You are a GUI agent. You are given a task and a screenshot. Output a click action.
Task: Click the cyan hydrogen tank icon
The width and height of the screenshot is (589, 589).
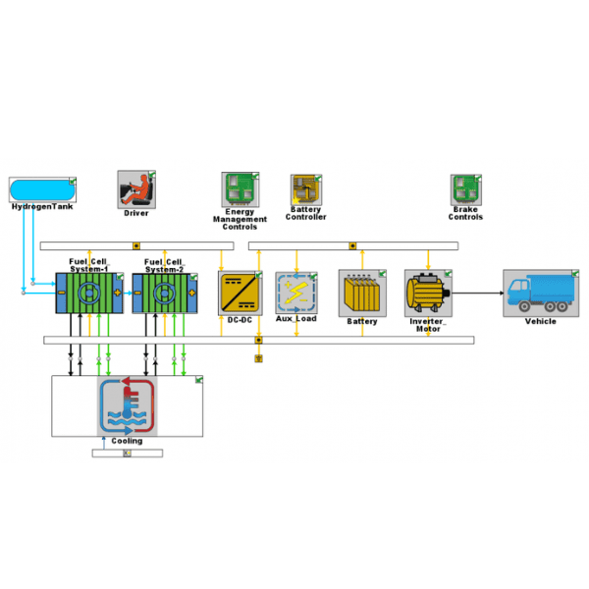click(x=42, y=189)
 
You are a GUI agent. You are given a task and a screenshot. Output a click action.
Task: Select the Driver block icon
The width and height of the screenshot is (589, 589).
click(x=136, y=189)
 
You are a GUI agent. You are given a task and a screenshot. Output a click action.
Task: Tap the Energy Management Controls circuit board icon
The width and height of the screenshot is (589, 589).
click(x=241, y=189)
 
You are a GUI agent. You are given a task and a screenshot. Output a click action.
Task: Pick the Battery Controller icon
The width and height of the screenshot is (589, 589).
click(x=306, y=189)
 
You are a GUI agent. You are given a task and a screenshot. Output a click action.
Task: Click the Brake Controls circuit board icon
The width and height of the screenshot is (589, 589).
click(x=465, y=189)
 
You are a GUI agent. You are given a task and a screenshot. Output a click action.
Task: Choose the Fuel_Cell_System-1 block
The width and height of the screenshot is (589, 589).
click(x=89, y=293)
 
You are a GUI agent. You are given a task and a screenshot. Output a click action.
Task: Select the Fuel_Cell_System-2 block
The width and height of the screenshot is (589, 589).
click(x=165, y=294)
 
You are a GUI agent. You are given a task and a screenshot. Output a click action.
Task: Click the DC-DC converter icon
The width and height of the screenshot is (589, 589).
click(x=241, y=294)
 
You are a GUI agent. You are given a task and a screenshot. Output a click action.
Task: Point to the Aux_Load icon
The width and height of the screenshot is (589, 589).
click(x=296, y=293)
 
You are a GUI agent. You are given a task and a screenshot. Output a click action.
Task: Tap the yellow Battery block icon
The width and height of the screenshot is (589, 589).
click(x=362, y=293)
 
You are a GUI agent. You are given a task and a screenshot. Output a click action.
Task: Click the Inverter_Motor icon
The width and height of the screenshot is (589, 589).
click(x=428, y=293)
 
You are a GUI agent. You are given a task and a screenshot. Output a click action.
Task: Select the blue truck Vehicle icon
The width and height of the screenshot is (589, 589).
click(x=541, y=293)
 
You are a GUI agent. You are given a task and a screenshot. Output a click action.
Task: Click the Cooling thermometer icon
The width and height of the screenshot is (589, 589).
click(x=127, y=405)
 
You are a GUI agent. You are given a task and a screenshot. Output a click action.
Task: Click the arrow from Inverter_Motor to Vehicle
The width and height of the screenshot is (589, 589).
click(x=478, y=293)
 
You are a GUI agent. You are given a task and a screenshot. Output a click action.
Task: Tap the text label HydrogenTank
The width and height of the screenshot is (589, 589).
click(x=42, y=206)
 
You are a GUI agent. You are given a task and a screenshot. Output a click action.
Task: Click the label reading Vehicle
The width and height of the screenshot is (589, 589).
click(x=541, y=321)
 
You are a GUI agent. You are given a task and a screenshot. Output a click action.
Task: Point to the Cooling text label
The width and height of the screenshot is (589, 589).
click(x=127, y=441)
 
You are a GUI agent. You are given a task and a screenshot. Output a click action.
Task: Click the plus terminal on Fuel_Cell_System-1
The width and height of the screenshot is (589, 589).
click(x=118, y=293)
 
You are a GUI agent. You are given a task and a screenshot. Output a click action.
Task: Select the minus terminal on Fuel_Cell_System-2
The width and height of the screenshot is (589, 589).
click(x=137, y=293)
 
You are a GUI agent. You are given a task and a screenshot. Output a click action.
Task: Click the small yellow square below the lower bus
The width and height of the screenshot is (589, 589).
click(x=258, y=358)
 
